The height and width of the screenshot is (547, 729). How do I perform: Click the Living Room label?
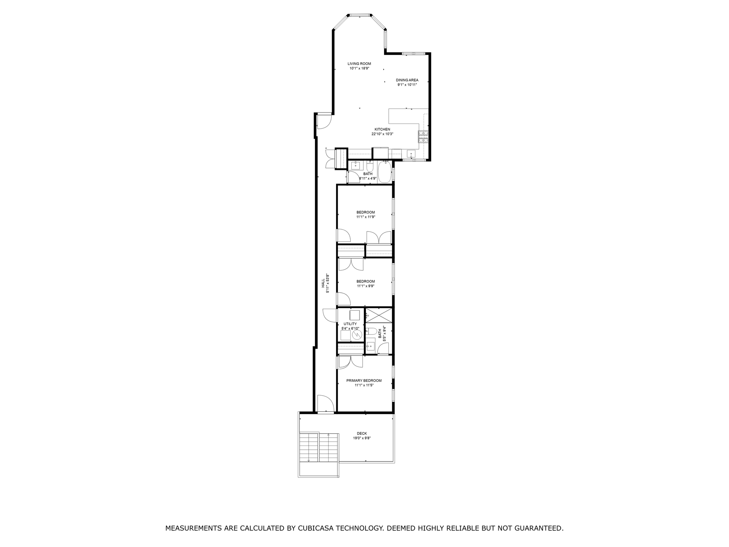tap(359, 64)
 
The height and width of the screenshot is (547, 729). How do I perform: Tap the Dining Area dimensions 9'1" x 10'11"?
tap(407, 85)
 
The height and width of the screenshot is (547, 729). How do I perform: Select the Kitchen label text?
tap(382, 129)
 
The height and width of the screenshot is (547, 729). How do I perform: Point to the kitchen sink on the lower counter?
tap(411, 154)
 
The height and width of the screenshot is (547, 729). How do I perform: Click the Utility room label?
tap(350, 324)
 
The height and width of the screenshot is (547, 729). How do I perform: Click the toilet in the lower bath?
tap(372, 331)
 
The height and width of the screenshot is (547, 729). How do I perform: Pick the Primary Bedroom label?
tap(364, 380)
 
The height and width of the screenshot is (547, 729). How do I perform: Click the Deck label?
tap(362, 433)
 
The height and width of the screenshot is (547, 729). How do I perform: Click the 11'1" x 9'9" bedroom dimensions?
tap(365, 286)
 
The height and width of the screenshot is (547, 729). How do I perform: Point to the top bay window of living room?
tap(359, 15)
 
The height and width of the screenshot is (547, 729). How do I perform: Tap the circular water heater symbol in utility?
tap(357, 334)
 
